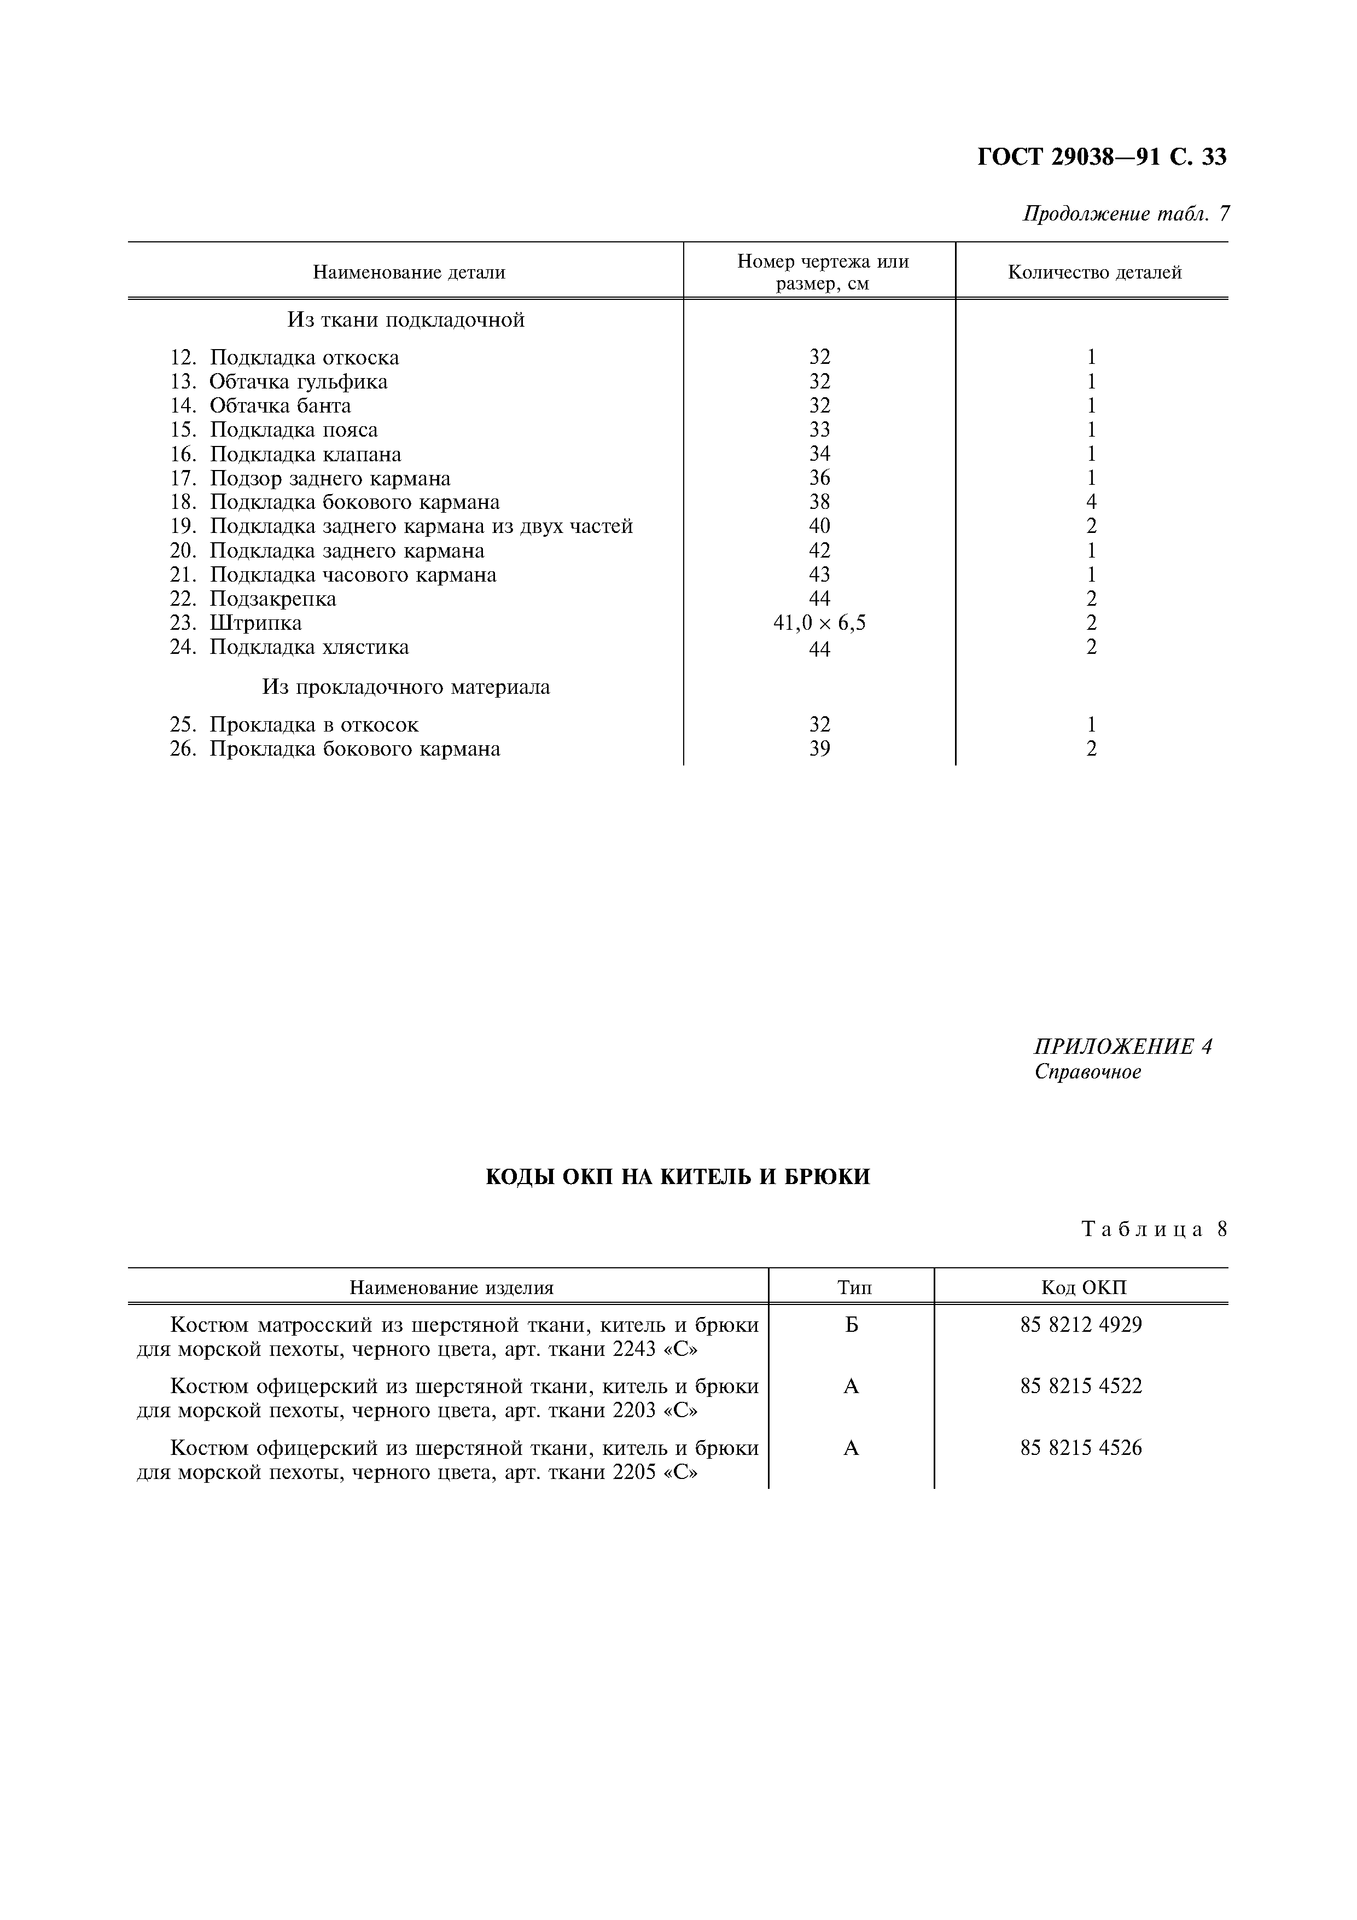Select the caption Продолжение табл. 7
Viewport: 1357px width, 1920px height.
(1126, 214)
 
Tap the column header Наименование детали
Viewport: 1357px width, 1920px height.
(409, 272)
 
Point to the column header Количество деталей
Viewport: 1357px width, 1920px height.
(1094, 272)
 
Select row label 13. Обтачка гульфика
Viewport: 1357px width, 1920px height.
(278, 382)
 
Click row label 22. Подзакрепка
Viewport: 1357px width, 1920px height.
(253, 599)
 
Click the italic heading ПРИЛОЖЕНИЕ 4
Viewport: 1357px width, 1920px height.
(1123, 1047)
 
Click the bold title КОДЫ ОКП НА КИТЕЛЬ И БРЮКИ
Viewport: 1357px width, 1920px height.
(678, 1177)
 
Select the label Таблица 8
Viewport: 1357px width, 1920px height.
(1154, 1229)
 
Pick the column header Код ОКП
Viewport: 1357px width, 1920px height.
(1084, 1288)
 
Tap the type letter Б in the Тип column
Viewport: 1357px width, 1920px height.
(851, 1325)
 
